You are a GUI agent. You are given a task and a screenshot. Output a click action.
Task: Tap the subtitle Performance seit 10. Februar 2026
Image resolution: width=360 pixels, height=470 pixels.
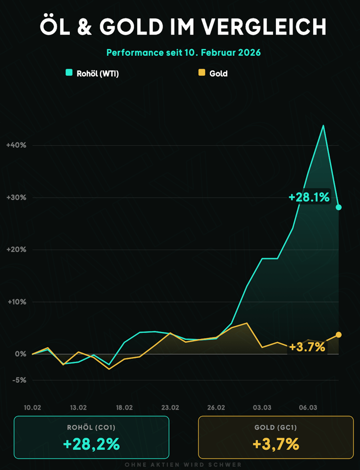coord(184,52)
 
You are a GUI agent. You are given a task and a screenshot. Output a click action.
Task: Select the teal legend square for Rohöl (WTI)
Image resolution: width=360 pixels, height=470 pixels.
coord(69,72)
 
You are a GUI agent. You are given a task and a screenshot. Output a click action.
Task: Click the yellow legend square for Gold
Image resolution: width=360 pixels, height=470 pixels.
coord(202,72)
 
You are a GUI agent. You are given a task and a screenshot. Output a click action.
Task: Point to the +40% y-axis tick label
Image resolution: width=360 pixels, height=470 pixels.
coord(16,145)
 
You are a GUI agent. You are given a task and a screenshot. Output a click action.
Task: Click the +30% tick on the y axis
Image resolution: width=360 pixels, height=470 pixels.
coord(16,198)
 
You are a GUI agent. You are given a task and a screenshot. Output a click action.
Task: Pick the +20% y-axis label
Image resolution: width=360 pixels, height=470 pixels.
coord(16,250)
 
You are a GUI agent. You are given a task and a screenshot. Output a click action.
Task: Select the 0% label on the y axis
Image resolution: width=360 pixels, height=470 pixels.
coord(20,354)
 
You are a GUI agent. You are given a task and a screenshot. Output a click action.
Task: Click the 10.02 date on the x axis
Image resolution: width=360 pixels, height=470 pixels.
coord(32,407)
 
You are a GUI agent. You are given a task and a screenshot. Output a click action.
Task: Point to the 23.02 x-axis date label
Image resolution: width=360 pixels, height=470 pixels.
coord(170,407)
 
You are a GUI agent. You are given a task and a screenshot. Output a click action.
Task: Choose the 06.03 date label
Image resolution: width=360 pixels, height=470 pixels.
coord(308,407)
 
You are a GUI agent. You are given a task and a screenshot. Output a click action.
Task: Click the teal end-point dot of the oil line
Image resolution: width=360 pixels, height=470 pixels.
coord(339,207)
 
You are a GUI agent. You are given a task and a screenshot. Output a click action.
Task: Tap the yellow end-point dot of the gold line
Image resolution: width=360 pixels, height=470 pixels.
coord(339,334)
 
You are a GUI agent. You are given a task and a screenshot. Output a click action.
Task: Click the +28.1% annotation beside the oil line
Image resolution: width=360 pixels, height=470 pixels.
coord(309,197)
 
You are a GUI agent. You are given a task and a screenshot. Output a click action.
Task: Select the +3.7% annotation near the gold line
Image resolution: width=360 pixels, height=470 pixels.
coord(307,347)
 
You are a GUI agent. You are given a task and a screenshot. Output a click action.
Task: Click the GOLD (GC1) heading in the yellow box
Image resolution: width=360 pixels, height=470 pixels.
coord(275,428)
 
